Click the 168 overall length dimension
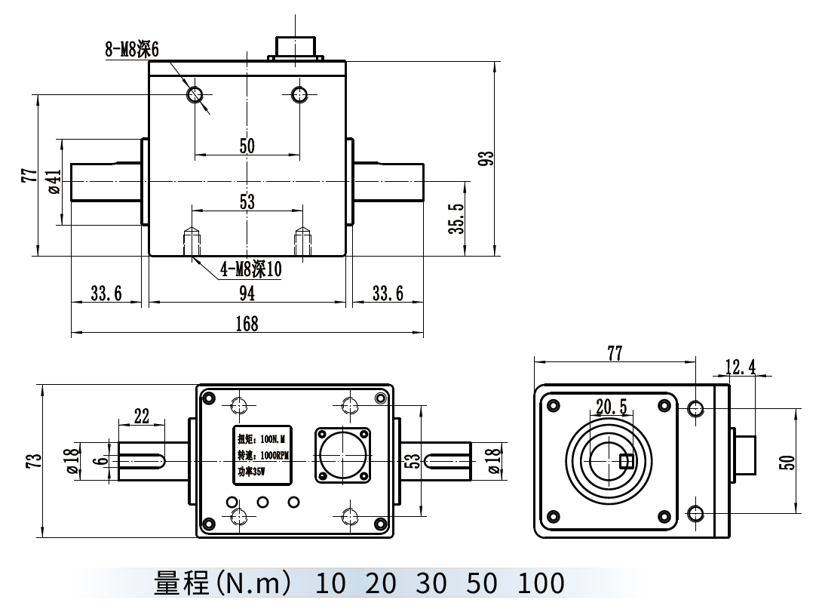247,324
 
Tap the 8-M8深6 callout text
133,50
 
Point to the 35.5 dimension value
455,219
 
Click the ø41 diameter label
54,182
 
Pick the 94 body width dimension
247,293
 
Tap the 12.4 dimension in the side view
740,367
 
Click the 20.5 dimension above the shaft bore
611,407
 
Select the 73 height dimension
32,462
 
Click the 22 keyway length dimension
141,415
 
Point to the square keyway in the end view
625,461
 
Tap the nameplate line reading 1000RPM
262,455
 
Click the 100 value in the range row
541,583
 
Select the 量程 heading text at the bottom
181,583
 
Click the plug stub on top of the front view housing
296,47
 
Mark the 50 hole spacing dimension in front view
247,146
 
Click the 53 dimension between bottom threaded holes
247,201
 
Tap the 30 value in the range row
431,583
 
